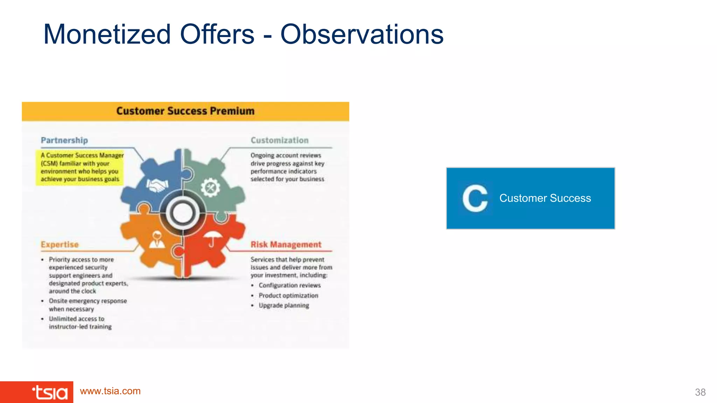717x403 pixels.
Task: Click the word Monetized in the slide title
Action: [x=107, y=34]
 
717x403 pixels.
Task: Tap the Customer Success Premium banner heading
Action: [x=185, y=111]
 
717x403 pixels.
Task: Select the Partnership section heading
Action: [x=64, y=140]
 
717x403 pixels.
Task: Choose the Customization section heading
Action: [x=279, y=140]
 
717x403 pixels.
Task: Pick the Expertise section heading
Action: [x=60, y=245]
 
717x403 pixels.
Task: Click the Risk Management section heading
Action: [x=286, y=245]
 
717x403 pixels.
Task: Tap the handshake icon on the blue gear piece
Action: [x=157, y=185]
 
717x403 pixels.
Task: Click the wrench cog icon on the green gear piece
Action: [x=210, y=188]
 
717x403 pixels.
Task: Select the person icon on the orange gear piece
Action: [x=157, y=240]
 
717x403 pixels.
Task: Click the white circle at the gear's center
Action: [x=183, y=213]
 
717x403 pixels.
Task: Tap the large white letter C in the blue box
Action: [x=475, y=198]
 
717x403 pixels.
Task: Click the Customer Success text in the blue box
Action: [x=545, y=198]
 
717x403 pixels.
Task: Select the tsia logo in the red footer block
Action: [x=50, y=393]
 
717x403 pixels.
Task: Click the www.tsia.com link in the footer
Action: [x=110, y=391]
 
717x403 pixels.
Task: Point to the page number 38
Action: [x=700, y=392]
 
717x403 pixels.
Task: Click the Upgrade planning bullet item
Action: [x=284, y=305]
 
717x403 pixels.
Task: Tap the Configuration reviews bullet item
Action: [x=290, y=285]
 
